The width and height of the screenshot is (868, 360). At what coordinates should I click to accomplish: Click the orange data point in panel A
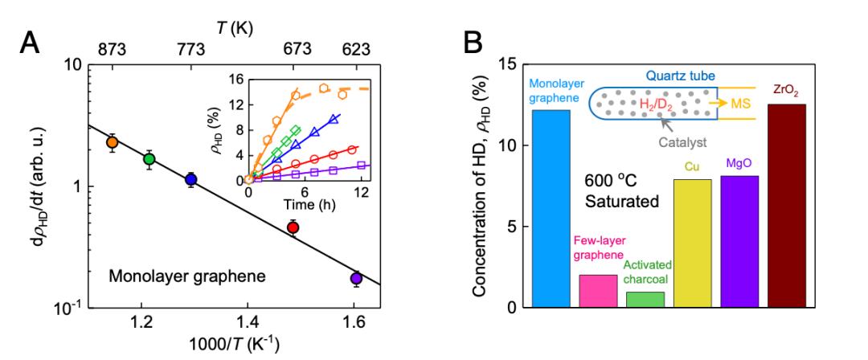[x=113, y=142]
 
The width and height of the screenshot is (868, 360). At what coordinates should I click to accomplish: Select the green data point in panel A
[x=149, y=159]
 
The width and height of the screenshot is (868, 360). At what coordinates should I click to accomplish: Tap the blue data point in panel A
[x=190, y=179]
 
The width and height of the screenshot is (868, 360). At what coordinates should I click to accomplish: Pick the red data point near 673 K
[x=293, y=227]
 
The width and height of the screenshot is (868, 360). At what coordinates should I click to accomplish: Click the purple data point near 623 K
[x=356, y=278]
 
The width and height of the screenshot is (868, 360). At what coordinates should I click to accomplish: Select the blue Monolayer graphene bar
[x=551, y=208]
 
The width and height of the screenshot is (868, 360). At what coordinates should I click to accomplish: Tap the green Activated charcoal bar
[x=645, y=299]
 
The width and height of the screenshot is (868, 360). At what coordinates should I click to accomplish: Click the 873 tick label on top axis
[x=112, y=48]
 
